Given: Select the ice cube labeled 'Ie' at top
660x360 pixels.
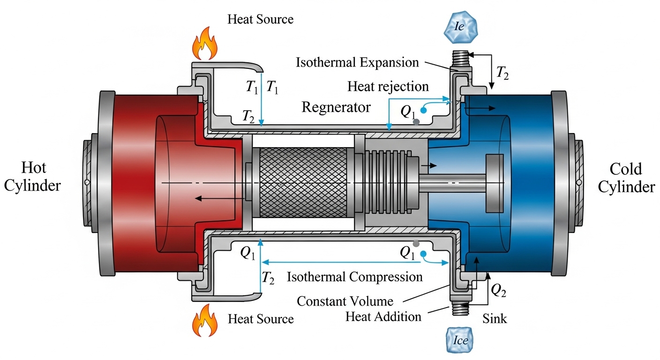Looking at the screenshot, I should coord(459,27).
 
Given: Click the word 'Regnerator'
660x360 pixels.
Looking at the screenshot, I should coord(336,107).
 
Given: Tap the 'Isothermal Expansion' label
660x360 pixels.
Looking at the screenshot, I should coord(357,62).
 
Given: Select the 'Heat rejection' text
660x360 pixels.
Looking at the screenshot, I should coord(388,86).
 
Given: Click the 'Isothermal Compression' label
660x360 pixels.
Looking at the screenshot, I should coord(354,277).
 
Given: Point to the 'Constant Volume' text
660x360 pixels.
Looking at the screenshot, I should coord(345,300).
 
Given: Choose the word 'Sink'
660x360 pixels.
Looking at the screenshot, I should coord(495,319).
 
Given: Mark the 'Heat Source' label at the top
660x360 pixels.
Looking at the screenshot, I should coord(261,19).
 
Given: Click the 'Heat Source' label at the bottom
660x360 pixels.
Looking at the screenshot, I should coord(261,319).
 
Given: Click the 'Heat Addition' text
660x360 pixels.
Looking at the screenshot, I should coord(383,316).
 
